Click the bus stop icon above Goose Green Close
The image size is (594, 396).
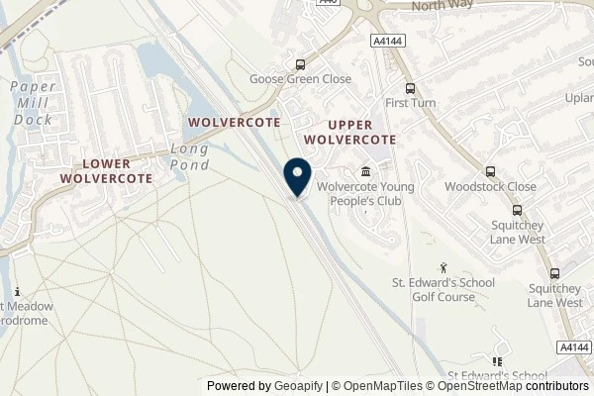coord(299,64)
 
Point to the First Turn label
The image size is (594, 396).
coord(410,103)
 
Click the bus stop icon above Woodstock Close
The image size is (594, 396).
coord(491,170)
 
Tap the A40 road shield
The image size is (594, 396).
coord(329,4)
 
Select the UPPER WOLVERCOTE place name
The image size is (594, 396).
coord(348,131)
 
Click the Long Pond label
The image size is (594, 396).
coord(190,156)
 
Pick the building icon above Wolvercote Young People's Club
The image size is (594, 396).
coord(366,170)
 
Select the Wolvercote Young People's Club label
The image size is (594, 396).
coord(364,194)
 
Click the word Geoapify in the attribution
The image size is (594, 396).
coord(296,386)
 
